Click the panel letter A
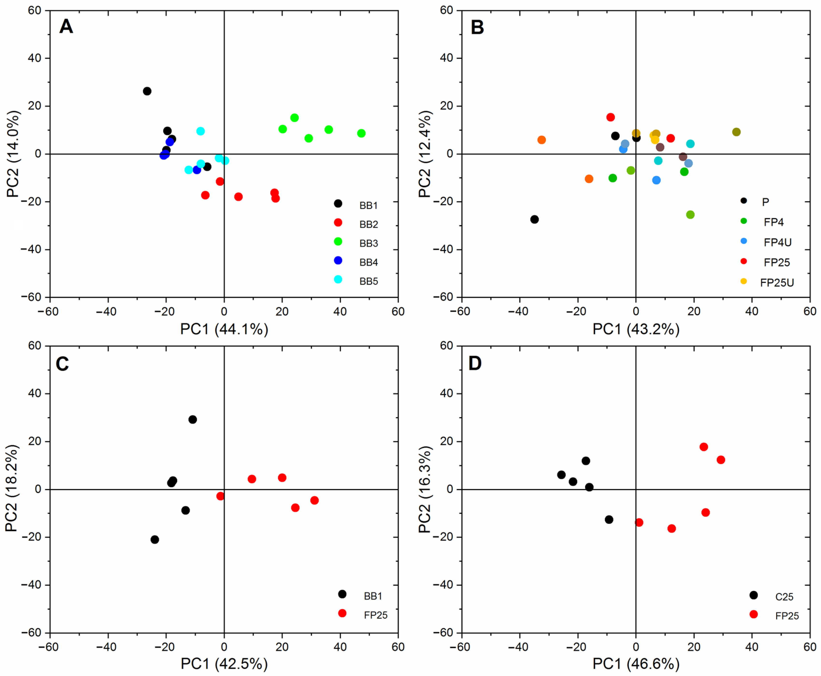tap(66, 27)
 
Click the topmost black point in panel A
tap(147, 91)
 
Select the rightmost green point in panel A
tap(361, 133)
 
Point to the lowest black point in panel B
tap(535, 219)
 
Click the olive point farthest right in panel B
tap(736, 132)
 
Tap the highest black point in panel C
tap(193, 419)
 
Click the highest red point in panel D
tap(704, 447)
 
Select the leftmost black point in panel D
tap(561, 475)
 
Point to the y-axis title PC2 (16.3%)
tap(425, 489)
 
